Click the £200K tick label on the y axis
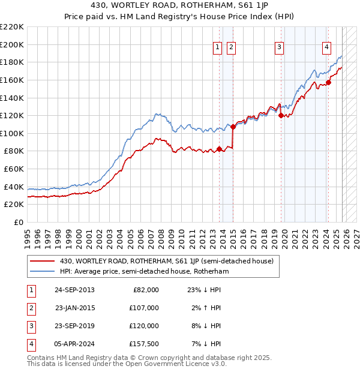coord(12,44)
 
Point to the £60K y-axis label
coord(14,169)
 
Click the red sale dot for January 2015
coord(233,127)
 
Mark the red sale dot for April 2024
coord(328,82)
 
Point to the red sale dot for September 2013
coord(219,149)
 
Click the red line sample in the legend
coord(43,261)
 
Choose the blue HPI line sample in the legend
coord(43,271)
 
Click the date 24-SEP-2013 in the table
coord(74,289)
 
